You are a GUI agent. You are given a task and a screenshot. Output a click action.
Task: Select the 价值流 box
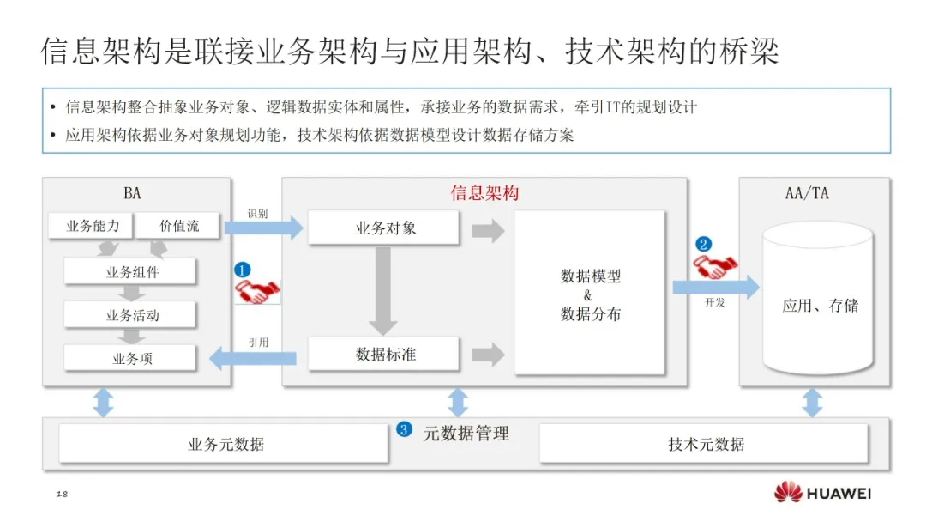coord(179,227)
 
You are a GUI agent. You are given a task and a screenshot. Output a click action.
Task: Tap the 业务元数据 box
coord(225,444)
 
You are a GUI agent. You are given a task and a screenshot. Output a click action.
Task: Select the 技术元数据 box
coord(705,444)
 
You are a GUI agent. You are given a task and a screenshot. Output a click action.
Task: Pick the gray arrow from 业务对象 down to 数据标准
coord(383,290)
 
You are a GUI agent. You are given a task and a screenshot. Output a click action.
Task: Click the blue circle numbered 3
coord(404,429)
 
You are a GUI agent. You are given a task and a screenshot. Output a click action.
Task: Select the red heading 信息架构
coord(484,193)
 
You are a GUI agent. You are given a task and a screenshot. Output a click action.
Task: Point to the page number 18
coord(61,495)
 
